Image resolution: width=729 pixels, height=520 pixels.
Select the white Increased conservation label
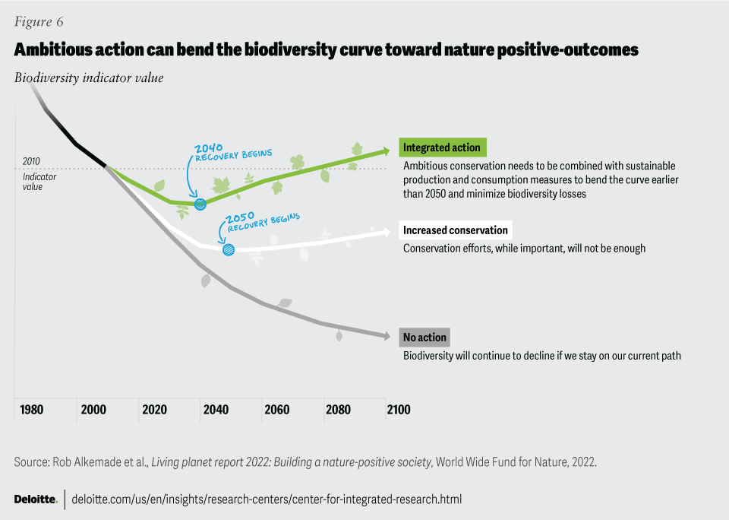click(x=455, y=230)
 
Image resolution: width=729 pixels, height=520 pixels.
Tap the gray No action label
click(x=425, y=337)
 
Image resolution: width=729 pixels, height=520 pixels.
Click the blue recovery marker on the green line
click(x=200, y=204)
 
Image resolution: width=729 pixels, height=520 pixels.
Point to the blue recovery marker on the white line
click(x=227, y=249)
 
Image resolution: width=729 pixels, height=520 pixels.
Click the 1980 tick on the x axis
click(x=31, y=410)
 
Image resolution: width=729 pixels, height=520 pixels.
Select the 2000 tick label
click(x=92, y=410)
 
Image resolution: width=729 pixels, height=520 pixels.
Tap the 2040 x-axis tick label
click(x=215, y=410)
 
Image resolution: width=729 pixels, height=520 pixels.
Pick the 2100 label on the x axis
click(x=399, y=410)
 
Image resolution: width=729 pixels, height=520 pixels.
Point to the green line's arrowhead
click(x=383, y=151)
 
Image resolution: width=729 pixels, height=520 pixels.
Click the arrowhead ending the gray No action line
click(x=383, y=335)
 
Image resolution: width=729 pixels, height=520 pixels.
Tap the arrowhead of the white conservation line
click(x=383, y=231)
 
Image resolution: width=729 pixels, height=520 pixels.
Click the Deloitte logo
click(x=36, y=499)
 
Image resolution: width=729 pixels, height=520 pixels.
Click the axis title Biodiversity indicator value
click(x=89, y=78)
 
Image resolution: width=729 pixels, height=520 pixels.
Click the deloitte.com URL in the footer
click(x=266, y=499)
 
